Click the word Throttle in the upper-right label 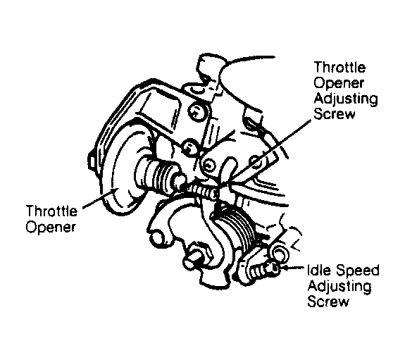(339, 68)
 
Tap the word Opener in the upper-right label (339, 83)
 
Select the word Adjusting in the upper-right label (346, 99)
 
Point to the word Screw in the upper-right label (335, 113)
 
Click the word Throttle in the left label (51, 211)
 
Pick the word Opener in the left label (51, 227)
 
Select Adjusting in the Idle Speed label (339, 287)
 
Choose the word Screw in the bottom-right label (328, 301)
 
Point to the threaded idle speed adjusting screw (262, 270)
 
